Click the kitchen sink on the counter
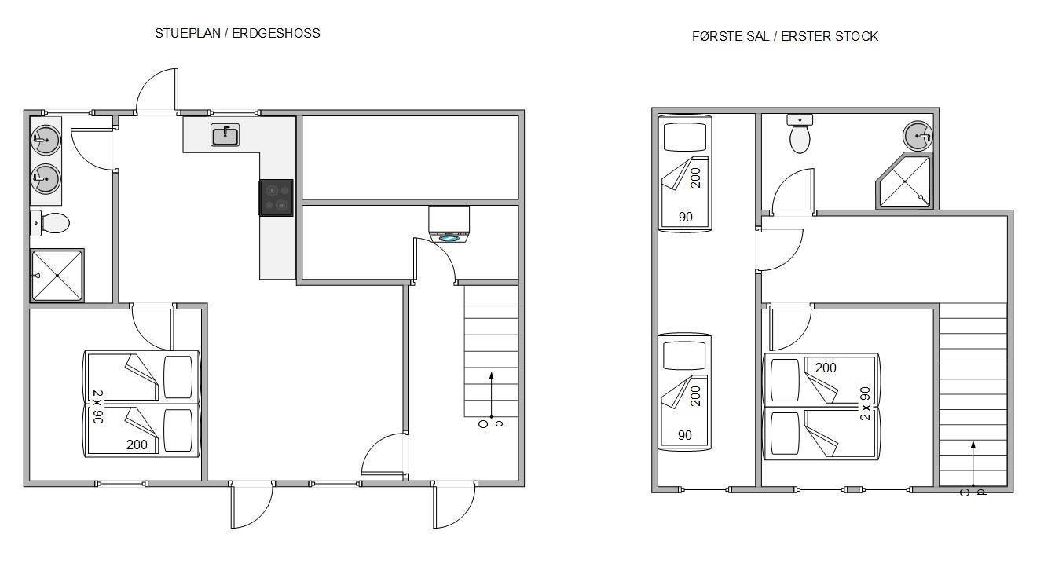tap(225, 135)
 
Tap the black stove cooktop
tap(276, 198)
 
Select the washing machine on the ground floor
tap(449, 225)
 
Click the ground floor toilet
tap(49, 223)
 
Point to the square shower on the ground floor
tap(57, 276)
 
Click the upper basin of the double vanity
tap(46, 139)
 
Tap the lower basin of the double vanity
tap(46, 178)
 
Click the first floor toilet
tap(800, 134)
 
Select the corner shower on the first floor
tap(904, 181)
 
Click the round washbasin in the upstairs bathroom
tap(918, 136)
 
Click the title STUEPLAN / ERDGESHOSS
tap(237, 33)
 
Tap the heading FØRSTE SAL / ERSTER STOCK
tap(785, 36)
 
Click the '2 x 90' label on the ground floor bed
tap(97, 407)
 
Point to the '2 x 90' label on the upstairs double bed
tap(865, 404)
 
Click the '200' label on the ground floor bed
tap(137, 445)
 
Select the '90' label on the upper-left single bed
tap(686, 217)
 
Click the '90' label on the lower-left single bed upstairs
tap(685, 435)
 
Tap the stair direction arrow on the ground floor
tap(491, 395)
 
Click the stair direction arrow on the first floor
tap(973, 464)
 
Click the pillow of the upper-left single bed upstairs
tap(685, 137)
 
